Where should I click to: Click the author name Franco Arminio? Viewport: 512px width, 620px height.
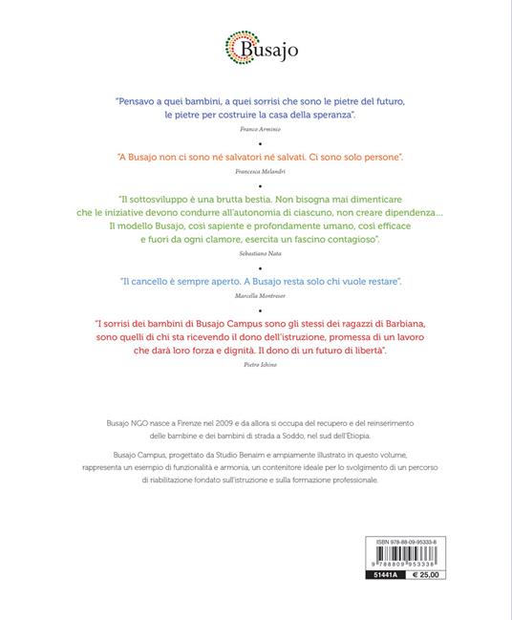coord(255,126)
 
